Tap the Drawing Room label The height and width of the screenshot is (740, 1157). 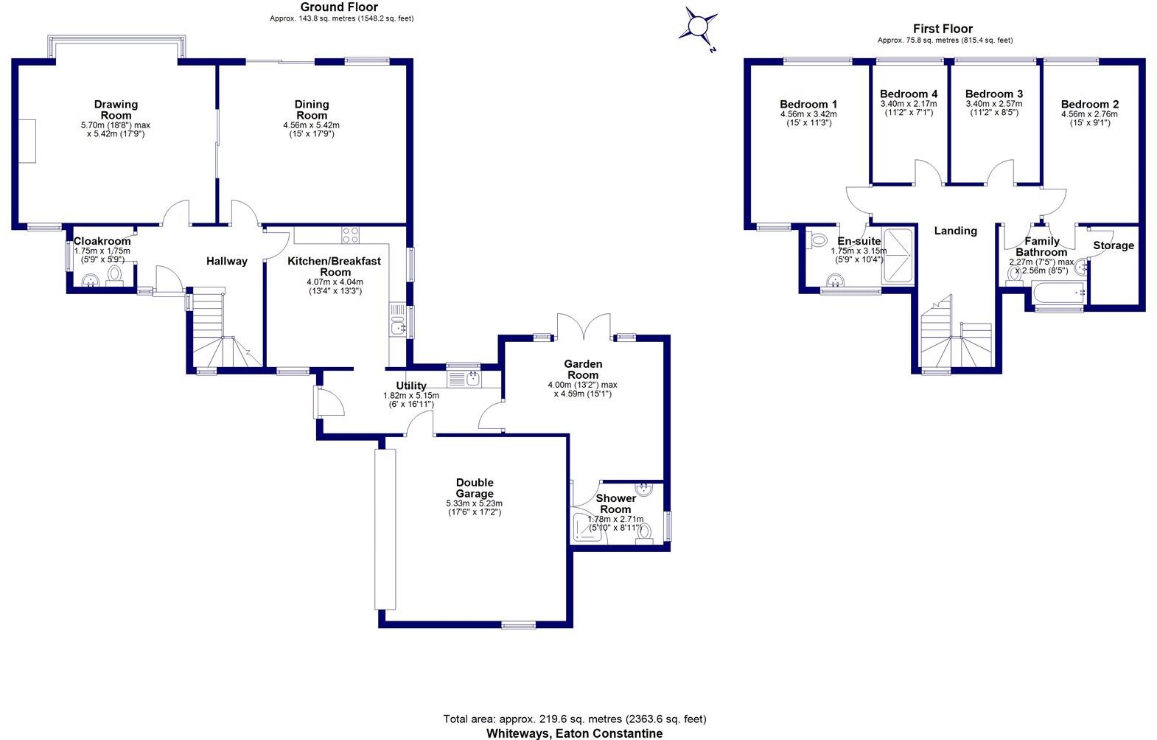click(116, 110)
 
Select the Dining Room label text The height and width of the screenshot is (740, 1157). click(311, 110)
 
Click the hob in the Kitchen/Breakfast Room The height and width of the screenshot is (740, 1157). click(351, 235)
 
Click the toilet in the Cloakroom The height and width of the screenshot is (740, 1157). click(114, 274)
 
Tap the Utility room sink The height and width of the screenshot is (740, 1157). click(472, 379)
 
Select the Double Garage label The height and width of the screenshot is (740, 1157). click(475, 488)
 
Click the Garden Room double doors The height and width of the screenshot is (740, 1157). click(584, 327)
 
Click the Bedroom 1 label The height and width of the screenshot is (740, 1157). click(808, 105)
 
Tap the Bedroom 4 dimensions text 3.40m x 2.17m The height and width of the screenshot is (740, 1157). click(909, 104)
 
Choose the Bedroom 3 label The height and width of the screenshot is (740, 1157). click(994, 94)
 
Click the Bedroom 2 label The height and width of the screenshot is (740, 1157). click(1089, 105)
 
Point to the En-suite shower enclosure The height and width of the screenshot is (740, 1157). click(898, 256)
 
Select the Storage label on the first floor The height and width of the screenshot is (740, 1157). click(1114, 245)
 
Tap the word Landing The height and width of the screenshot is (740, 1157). click(955, 231)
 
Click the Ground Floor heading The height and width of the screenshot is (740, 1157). click(339, 7)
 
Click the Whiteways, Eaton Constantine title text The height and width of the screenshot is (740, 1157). click(574, 733)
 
